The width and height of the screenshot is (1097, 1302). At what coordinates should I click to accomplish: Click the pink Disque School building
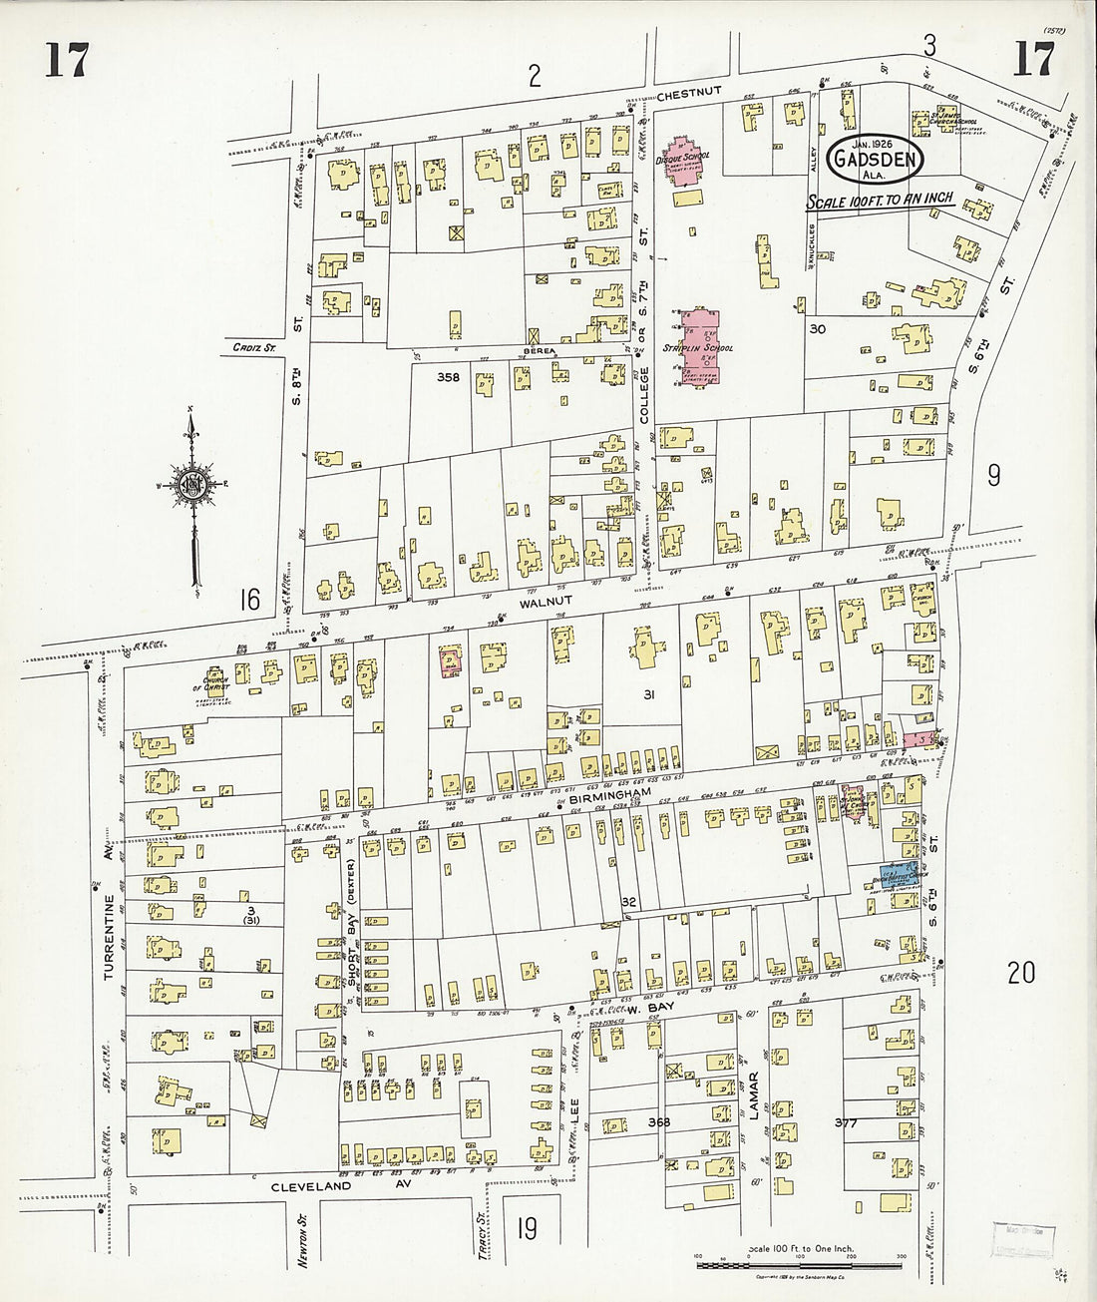coord(682,163)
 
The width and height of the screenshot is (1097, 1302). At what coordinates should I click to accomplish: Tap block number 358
coord(449,378)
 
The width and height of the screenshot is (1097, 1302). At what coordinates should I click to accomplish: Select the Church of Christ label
coord(208,674)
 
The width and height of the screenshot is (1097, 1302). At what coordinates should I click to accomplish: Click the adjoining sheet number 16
coord(249,600)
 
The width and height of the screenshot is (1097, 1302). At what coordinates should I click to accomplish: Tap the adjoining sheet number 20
coord(1020,973)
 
